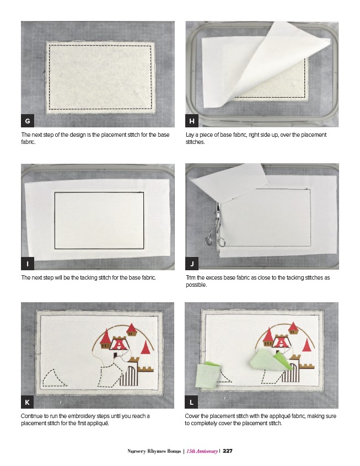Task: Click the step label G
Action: [28, 121]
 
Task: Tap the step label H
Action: [192, 121]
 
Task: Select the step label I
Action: [28, 264]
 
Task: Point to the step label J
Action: [192, 264]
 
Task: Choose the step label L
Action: [191, 402]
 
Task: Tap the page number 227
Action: [228, 451]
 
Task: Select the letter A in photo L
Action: [281, 343]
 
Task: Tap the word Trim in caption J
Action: [191, 277]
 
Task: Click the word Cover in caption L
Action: [192, 416]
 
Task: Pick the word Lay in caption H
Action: [190, 135]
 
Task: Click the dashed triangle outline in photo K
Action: [55, 378]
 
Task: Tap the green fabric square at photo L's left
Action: [208, 376]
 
